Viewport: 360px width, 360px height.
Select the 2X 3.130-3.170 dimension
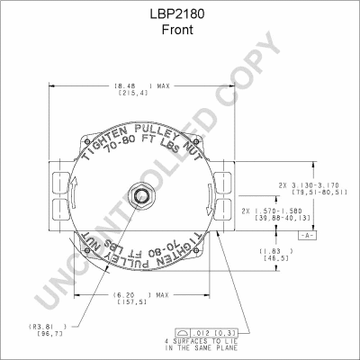tap(307, 183)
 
